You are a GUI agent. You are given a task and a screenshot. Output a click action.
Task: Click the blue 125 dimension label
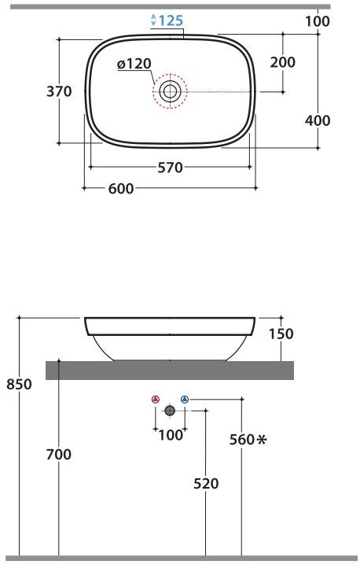tap(171, 20)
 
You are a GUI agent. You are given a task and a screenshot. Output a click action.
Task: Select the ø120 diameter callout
tap(134, 64)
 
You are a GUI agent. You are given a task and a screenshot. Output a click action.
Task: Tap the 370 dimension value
tap(59, 91)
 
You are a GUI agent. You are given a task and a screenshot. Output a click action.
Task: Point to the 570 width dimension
tap(170, 168)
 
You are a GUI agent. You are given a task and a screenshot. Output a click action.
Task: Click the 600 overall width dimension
tap(121, 188)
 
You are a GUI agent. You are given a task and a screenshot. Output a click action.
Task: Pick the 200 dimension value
tap(282, 62)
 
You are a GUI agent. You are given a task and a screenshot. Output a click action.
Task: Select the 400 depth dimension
tap(318, 120)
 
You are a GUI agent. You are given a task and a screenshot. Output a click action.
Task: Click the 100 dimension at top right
tap(318, 21)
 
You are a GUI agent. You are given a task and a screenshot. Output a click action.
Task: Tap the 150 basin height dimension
tap(281, 334)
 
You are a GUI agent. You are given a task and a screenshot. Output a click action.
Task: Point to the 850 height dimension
tap(19, 384)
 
